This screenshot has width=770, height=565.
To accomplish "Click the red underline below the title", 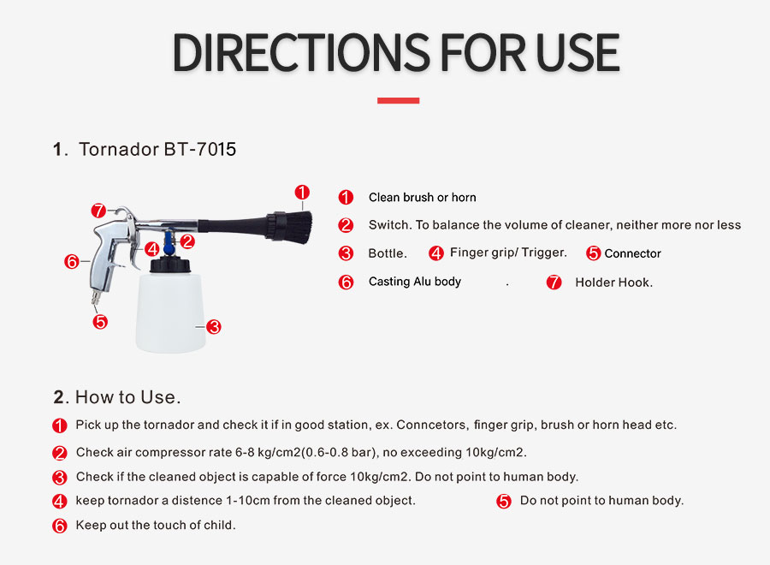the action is click(x=398, y=100).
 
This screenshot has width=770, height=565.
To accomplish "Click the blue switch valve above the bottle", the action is click(x=169, y=244).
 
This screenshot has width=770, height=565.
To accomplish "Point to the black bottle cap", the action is click(x=170, y=265).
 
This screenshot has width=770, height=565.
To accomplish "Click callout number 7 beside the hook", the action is click(x=98, y=211).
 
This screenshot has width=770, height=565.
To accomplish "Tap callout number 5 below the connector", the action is click(x=100, y=322).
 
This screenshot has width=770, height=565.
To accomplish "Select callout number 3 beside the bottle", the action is click(x=214, y=327).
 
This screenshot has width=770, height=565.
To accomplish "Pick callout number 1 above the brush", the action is click(x=302, y=192).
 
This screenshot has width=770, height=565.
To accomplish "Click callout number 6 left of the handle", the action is click(x=72, y=261).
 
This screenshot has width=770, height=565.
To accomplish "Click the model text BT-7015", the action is click(x=200, y=149).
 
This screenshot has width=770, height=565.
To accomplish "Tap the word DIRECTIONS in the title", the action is click(x=301, y=52).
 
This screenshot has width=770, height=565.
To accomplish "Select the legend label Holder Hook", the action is click(x=613, y=282).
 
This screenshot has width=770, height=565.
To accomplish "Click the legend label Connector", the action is click(x=632, y=253).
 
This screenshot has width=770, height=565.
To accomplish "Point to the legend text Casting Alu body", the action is click(x=415, y=282).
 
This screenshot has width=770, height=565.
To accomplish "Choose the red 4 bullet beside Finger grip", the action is click(x=436, y=253).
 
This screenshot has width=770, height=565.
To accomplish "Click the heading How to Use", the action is click(x=127, y=397).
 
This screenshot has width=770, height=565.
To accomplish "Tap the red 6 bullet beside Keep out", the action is click(x=59, y=526).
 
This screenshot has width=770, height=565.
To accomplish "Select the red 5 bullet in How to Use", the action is click(x=503, y=501).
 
